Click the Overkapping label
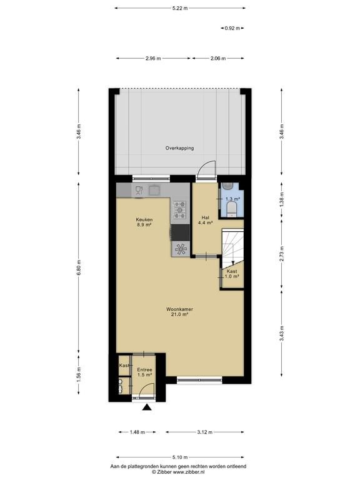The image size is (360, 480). pos(179,148)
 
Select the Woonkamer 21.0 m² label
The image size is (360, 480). pos(179,312)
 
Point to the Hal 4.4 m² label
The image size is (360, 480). pos(205,220)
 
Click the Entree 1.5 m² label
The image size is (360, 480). pos(144,372)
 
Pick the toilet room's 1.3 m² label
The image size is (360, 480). pos(232,199)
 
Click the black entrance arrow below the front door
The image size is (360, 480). pos(147,407)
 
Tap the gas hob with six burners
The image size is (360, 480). pos(180,210)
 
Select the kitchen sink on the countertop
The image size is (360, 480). pos(154,190)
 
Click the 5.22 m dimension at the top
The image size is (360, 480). pos(180,8)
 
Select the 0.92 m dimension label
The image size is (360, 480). pos(232,28)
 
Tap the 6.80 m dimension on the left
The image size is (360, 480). pos(79,268)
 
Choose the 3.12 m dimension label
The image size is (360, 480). pos(204,432)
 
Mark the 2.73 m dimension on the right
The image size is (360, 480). pos(282,254)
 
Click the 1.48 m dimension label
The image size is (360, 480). pos(137,432)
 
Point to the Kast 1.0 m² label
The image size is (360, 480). pos(232,274)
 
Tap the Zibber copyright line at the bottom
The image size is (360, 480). pos(178,472)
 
